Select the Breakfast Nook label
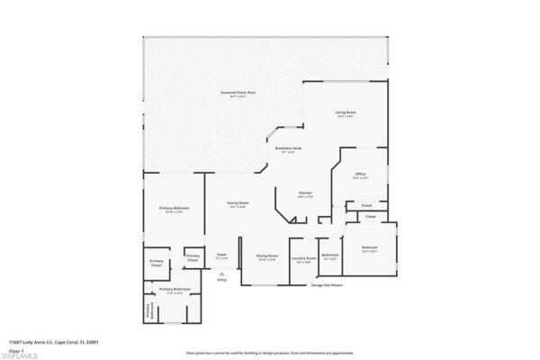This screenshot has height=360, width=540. pyautogui.click(x=288, y=149)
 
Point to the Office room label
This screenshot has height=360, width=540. pyautogui.click(x=360, y=175)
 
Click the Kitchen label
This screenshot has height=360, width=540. pyautogui.click(x=305, y=194)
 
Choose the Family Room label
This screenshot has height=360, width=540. pyautogui.click(x=238, y=205)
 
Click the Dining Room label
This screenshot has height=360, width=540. pyautogui.click(x=265, y=257)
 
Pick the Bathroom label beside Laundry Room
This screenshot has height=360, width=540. pyautogui.click(x=330, y=256)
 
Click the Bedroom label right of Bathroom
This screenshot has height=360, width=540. pyautogui.click(x=370, y=248)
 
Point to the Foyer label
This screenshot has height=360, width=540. pyautogui.click(x=221, y=256)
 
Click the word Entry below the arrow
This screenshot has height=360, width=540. pyautogui.click(x=221, y=280)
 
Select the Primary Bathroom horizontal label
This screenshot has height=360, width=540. pyautogui.click(x=175, y=290)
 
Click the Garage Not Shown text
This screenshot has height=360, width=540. pyautogui.click(x=327, y=285)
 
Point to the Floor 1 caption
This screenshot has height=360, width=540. pyautogui.click(x=16, y=347)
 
